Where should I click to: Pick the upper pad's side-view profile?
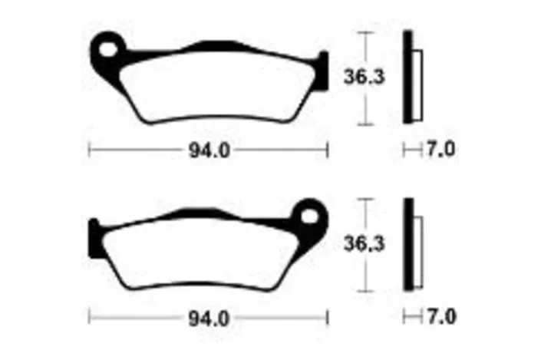[x=413, y=77]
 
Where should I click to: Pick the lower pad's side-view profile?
[x=413, y=243]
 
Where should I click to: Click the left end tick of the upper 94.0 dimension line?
[x=90, y=150]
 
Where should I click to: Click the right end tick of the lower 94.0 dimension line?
[x=328, y=315]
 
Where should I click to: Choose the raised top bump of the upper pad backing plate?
[x=215, y=45]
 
